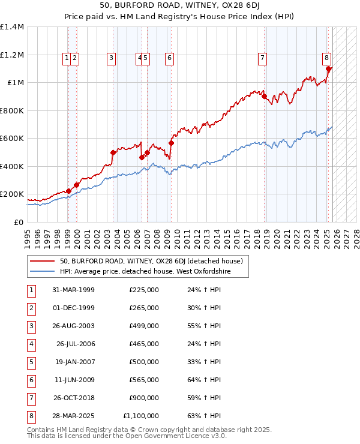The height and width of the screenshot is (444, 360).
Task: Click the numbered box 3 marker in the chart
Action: [x=112, y=58]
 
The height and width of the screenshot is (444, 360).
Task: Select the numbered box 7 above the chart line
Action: [x=263, y=58]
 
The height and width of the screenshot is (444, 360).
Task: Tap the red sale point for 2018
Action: [x=264, y=96]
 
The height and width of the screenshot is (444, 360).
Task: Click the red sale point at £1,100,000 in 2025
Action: [x=328, y=68]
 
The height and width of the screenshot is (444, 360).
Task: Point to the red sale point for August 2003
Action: [x=113, y=152]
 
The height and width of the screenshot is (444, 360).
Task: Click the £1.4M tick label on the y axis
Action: [x=12, y=27]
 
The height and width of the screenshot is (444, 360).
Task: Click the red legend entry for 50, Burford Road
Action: [x=151, y=261]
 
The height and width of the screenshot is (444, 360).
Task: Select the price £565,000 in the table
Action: [x=144, y=380]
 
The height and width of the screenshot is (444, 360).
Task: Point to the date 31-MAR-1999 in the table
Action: [x=73, y=290]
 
